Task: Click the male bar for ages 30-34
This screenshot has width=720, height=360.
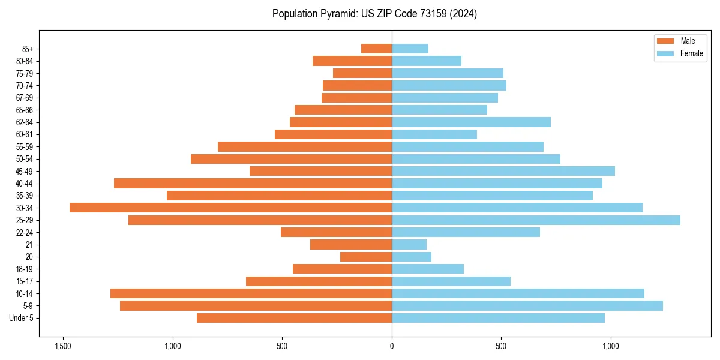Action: tap(230, 208)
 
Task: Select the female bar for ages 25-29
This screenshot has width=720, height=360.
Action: tap(536, 220)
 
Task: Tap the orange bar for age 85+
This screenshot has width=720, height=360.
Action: tap(376, 49)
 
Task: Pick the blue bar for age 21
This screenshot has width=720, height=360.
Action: tap(409, 244)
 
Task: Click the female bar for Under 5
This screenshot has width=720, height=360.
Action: tap(498, 318)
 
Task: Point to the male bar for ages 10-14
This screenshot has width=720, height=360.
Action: tap(251, 293)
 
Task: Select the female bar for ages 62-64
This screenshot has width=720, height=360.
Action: tap(471, 122)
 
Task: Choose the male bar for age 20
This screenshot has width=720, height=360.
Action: tap(366, 257)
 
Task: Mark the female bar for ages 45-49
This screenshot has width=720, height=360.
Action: tap(503, 171)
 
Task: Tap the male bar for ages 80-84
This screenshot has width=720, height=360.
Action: tap(352, 61)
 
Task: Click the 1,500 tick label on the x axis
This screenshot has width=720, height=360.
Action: tap(62, 346)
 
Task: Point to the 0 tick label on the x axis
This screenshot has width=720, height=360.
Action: tap(392, 346)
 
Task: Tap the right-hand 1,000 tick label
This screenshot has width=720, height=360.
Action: tap(611, 346)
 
